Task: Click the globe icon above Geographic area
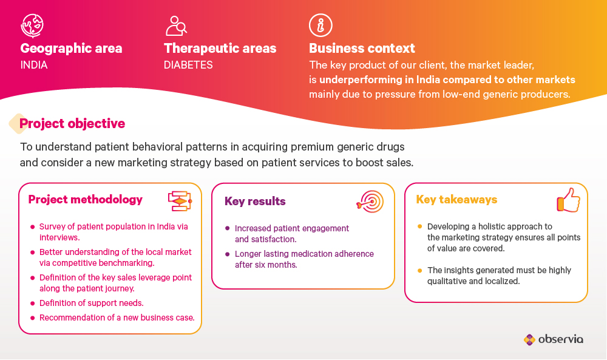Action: [32, 25]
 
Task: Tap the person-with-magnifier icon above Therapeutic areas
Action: [176, 25]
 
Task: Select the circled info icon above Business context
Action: [320, 25]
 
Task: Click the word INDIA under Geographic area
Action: [34, 64]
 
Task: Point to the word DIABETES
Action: [188, 64]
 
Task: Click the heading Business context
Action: [362, 49]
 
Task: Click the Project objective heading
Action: [72, 123]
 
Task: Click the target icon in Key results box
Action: [370, 202]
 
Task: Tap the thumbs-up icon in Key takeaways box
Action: [569, 200]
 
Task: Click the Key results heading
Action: [255, 202]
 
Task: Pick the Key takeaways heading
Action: [457, 200]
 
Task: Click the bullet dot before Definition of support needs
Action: [33, 304]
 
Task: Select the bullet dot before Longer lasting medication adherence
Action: [227, 254]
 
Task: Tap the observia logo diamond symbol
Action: [529, 340]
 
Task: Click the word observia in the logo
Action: [560, 339]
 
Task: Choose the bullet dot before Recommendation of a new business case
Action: [33, 318]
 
